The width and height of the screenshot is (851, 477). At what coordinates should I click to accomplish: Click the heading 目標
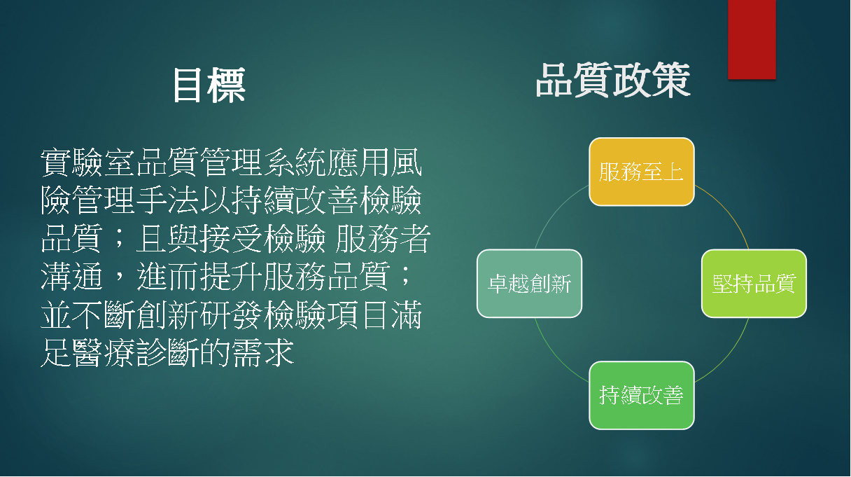pos(209,85)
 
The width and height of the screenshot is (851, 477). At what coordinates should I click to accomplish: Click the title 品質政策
pos(613,81)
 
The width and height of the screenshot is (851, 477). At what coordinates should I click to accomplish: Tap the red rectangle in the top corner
pos(752,39)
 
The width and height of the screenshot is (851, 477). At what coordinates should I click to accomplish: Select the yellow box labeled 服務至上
pos(642,172)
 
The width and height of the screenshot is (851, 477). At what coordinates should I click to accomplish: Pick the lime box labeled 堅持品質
pos(754,284)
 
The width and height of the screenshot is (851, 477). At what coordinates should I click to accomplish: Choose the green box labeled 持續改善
pos(642,395)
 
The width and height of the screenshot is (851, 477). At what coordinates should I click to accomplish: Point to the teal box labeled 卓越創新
pos(530,284)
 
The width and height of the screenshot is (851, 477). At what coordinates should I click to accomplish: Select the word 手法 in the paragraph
pos(167,200)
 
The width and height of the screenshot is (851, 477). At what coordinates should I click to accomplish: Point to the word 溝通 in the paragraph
pos(72,276)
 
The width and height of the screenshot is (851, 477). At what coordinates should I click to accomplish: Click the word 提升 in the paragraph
pos(231,276)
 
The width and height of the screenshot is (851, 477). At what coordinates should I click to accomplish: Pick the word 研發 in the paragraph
pos(231,314)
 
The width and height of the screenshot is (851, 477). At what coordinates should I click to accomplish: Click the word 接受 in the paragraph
pos(231,238)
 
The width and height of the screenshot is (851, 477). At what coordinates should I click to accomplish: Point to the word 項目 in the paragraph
pos(358,314)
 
